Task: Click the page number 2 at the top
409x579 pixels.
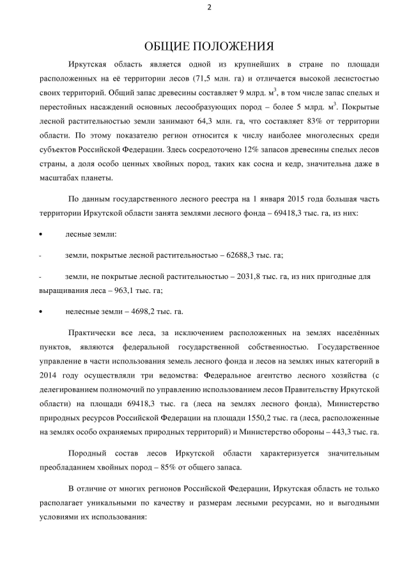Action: [x=208, y=7]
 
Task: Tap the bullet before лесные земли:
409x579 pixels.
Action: [x=41, y=235]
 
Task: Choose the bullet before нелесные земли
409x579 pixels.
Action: [x=41, y=312]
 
